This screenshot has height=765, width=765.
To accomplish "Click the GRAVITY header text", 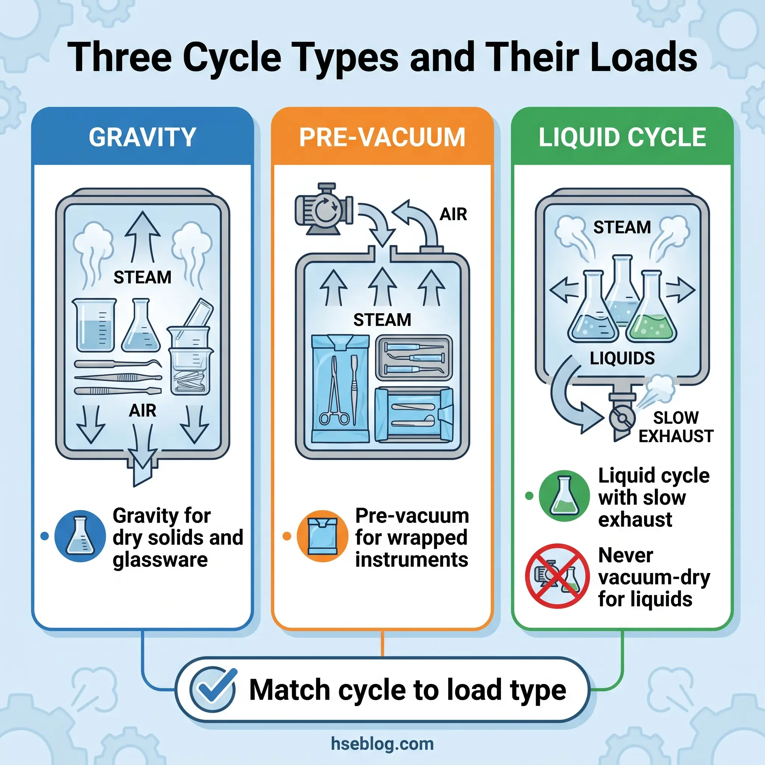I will point(142,137).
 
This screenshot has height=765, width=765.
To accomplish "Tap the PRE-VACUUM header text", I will point(382,137).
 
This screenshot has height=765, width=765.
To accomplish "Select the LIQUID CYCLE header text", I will point(622,137).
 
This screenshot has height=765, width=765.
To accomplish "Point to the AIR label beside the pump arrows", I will point(453,214).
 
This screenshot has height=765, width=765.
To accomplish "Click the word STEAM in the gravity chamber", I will point(142,277).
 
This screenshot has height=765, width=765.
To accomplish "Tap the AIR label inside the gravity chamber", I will point(142,411).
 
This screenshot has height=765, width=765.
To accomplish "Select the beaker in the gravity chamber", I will point(94,325).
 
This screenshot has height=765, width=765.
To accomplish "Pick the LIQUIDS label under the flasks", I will point(622,358).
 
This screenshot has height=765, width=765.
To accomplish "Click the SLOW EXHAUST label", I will point(675,427).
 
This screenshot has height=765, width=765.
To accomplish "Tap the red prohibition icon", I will point(557,576).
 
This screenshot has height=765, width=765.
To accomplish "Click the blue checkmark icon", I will point(213,690).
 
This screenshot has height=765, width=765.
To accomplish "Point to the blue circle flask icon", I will point(80,536).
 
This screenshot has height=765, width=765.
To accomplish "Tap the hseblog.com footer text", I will point(382,744).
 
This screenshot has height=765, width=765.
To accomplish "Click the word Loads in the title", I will point(644,58).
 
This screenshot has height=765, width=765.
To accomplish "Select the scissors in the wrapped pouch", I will point(335,392).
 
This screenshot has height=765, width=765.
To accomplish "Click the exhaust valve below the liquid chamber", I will point(622,418).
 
